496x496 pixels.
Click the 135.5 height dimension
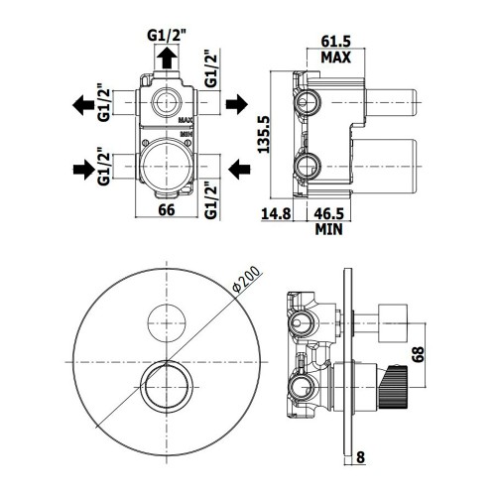(x=264, y=134)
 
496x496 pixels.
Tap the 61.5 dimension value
(x=335, y=42)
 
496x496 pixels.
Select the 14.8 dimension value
(x=276, y=213)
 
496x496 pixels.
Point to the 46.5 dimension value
(x=328, y=213)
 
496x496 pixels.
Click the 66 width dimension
(x=167, y=209)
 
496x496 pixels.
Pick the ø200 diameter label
(x=246, y=280)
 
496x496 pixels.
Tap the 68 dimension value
(x=418, y=354)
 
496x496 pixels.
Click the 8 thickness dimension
(x=361, y=457)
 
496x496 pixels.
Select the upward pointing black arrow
(x=167, y=58)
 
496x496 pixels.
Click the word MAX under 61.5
(x=335, y=58)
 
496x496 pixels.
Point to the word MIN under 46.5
(x=328, y=229)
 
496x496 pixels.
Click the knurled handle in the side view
(x=394, y=387)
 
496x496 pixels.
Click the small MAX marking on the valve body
(x=186, y=120)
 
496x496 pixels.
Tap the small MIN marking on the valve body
(x=186, y=134)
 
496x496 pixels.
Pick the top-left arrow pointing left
(x=83, y=105)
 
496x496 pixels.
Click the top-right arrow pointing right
(x=237, y=104)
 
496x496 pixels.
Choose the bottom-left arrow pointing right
(x=83, y=170)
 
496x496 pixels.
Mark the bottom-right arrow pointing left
(x=239, y=169)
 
